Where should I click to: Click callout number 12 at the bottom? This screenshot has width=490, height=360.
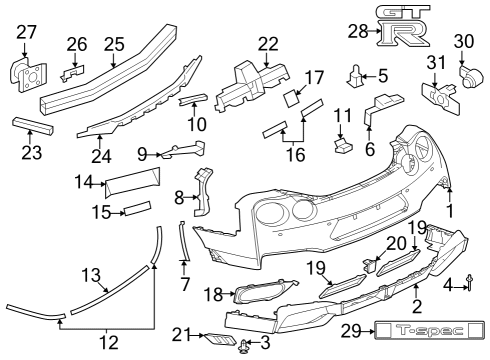108,342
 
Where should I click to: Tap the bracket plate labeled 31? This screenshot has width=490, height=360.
437,99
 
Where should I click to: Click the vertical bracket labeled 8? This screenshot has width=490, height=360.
206,193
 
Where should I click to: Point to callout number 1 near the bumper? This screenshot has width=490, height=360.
449,211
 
